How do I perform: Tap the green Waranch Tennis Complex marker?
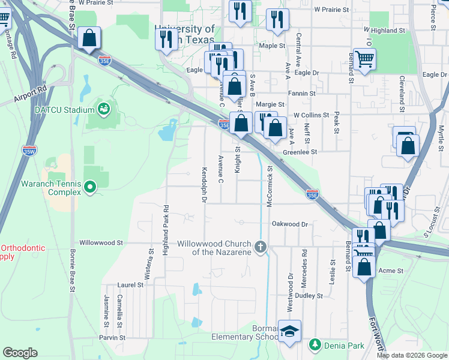pyautogui.click(x=91, y=188)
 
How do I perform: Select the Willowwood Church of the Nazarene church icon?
pyautogui.click(x=261, y=247)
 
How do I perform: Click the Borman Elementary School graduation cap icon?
pyautogui.click(x=289, y=332)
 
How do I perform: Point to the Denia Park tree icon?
pyautogui.click(x=315, y=344)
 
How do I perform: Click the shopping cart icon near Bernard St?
pyautogui.click(x=364, y=59)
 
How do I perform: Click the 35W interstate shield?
pyautogui.click(x=29, y=150)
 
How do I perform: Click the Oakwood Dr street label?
pyautogui.click(x=289, y=224)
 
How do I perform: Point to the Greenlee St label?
pyautogui.click(x=300, y=152)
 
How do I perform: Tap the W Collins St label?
pyautogui.click(x=311, y=115)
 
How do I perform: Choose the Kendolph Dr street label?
pyautogui.click(x=204, y=185)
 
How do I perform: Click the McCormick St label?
pyautogui.click(x=270, y=186)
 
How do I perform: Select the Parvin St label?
pyautogui.click(x=113, y=338)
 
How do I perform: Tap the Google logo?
pyautogui.click(x=20, y=353)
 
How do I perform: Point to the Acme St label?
pyautogui.click(x=391, y=271)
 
